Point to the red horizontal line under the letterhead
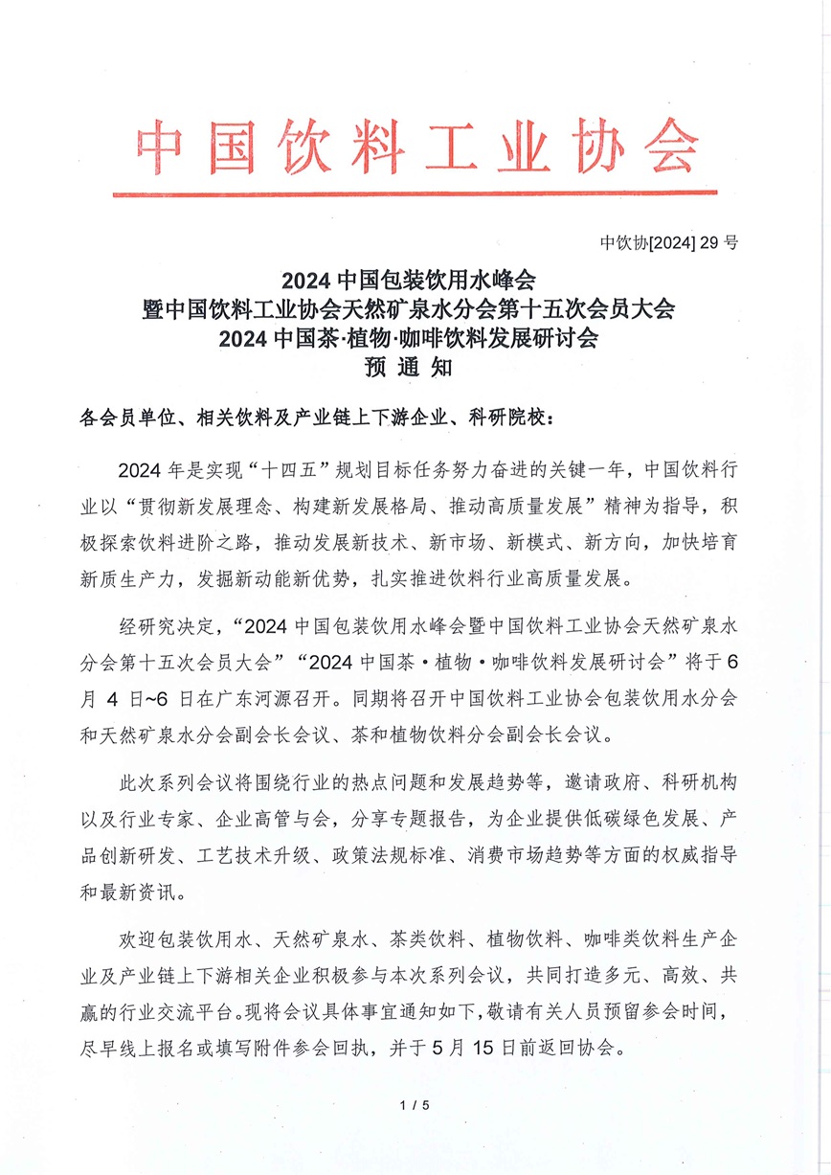(415, 193)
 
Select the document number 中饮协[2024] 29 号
(669, 242)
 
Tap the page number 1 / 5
(415, 1106)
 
